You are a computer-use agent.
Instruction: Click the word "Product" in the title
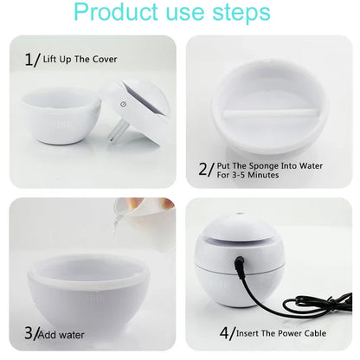coord(116,12)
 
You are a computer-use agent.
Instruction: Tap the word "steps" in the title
coord(241,13)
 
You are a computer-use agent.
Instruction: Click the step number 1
coord(29,60)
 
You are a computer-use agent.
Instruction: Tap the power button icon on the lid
coord(124,104)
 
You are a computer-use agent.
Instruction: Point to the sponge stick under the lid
coord(114,132)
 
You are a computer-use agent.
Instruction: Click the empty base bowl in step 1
coord(61,116)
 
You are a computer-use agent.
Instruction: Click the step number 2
coord(203,169)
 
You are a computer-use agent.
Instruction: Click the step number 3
coord(29,333)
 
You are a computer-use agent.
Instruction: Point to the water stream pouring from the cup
coord(117,227)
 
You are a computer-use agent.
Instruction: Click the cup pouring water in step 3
coord(145,214)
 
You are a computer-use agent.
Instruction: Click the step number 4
coord(225,333)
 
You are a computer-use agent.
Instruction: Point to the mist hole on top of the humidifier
coord(239,214)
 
